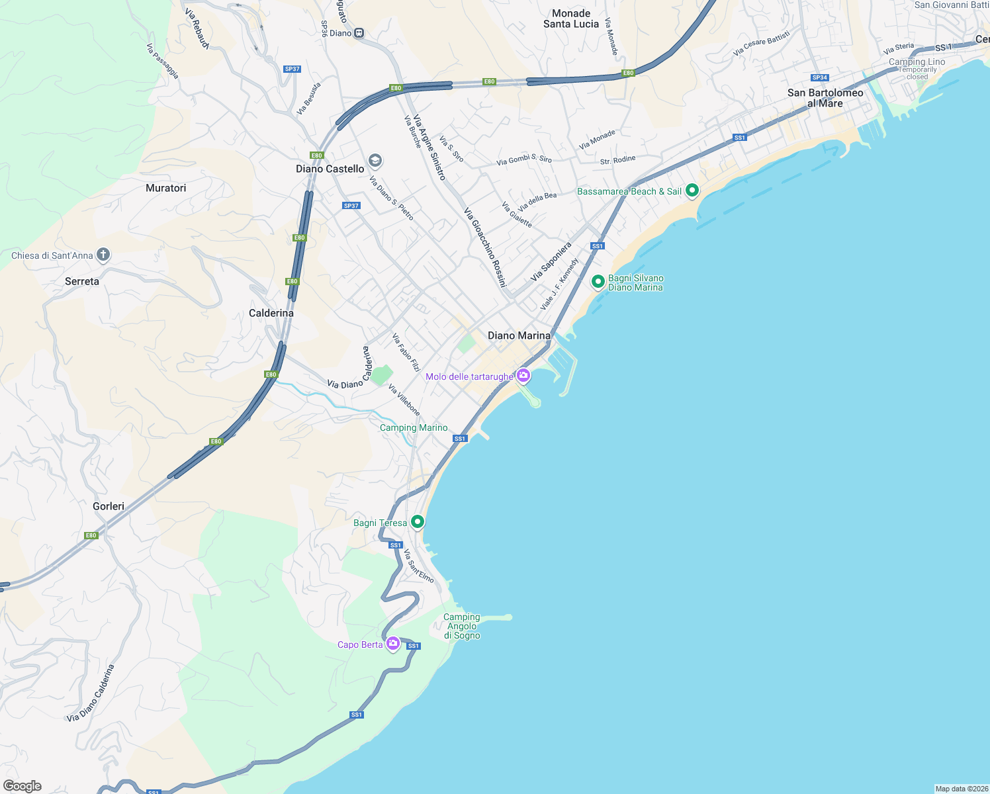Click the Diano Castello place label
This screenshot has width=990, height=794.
click(x=330, y=169)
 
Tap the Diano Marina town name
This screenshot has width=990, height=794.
click(x=519, y=335)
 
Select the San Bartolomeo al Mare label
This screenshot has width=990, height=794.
click(x=825, y=98)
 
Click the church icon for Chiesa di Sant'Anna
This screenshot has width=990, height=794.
click(x=103, y=255)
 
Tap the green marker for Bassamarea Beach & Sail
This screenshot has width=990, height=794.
click(x=692, y=191)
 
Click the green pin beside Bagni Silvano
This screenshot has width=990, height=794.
click(x=598, y=282)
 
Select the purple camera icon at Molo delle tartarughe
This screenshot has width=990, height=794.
click(x=523, y=375)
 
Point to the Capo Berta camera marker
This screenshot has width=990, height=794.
click(x=393, y=643)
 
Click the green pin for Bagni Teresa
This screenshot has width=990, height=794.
click(x=418, y=521)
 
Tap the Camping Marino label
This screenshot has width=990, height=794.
click(x=414, y=428)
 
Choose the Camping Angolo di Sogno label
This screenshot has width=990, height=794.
click(x=462, y=626)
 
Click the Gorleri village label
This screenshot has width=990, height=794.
click(x=109, y=506)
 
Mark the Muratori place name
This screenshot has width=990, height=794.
click(x=165, y=188)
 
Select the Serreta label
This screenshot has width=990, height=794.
click(x=82, y=281)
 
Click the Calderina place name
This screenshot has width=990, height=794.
click(x=271, y=313)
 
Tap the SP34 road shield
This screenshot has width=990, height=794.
click(x=819, y=77)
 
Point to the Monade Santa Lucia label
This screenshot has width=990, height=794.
click(x=571, y=19)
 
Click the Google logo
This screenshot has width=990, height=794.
click(x=22, y=786)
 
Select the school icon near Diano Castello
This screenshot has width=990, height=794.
click(x=375, y=160)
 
